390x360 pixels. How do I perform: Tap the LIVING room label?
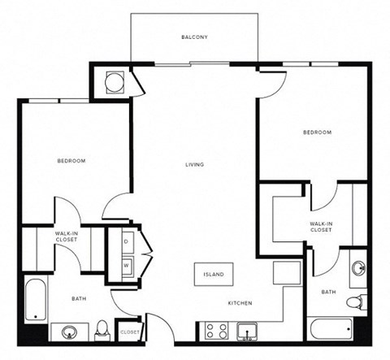[193, 165]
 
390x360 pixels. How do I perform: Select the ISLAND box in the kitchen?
[214, 275]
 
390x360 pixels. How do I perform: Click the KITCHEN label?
[240, 304]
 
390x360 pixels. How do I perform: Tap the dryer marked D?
[127, 242]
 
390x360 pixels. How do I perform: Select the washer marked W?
[127, 265]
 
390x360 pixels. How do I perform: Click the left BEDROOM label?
[71, 161]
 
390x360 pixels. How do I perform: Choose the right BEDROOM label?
[317, 132]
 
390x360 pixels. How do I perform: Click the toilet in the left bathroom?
[102, 329]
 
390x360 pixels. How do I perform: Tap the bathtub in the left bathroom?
[35, 299]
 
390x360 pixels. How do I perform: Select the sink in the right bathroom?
[358, 267]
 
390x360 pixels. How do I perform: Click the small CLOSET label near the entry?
[129, 332]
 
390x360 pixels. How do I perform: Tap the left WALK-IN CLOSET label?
[67, 237]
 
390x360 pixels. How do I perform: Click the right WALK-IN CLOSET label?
[322, 227]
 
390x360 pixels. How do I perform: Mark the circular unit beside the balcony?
[114, 80]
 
